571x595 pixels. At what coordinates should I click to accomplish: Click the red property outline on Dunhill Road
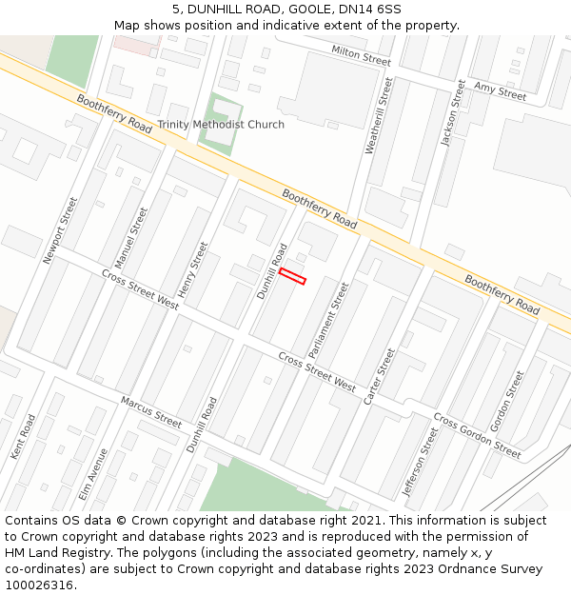[x=292, y=276]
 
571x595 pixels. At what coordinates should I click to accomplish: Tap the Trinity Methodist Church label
[x=221, y=125]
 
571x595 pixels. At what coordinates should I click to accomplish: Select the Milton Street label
[x=361, y=54]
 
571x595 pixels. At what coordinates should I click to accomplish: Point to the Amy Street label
[x=500, y=90]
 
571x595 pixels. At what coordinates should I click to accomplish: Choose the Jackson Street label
[x=453, y=113]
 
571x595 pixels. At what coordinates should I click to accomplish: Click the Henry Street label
[x=193, y=268]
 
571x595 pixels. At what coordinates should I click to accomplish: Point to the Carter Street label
[x=380, y=377]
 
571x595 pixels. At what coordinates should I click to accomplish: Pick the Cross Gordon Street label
[x=477, y=436]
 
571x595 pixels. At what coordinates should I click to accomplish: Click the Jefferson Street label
[x=421, y=462]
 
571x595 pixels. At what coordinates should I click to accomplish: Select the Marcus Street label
[x=151, y=412]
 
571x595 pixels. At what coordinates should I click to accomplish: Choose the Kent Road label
[x=23, y=436]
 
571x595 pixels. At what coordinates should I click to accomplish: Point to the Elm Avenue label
[x=93, y=474]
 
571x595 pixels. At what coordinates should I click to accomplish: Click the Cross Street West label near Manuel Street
[x=140, y=289]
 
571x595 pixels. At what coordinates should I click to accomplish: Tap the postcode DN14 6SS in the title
[x=367, y=9]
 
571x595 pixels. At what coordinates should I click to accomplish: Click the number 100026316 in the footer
[x=39, y=585]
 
